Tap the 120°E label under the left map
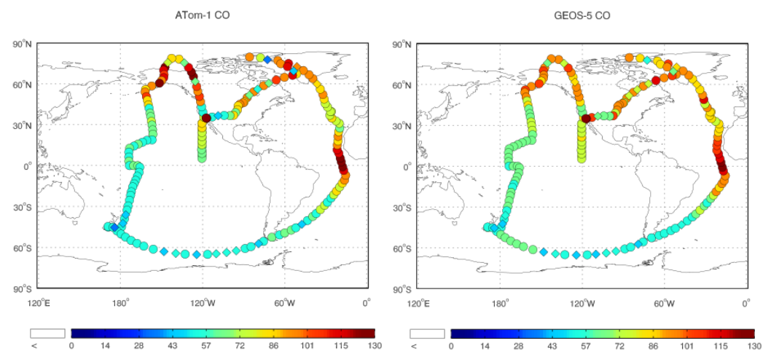38,302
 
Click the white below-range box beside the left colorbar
48,334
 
